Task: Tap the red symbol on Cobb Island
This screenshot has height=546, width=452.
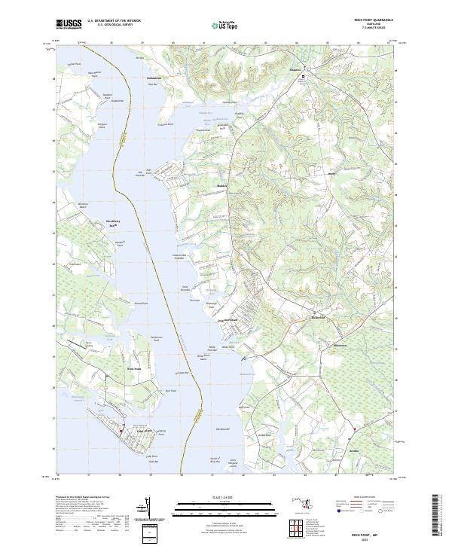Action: (x=121, y=432)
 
